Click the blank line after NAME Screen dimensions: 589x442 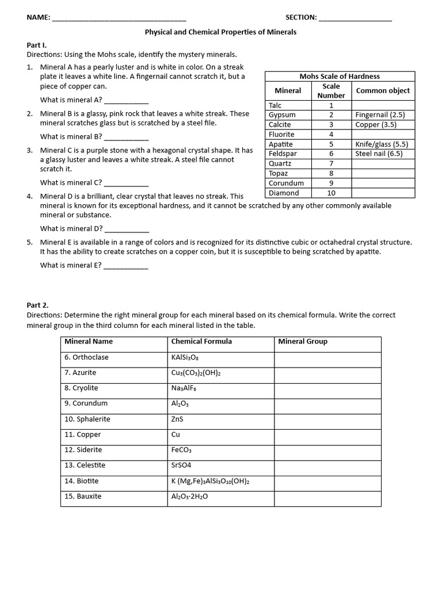(x=119, y=18)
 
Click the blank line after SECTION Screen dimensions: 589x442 (x=355, y=18)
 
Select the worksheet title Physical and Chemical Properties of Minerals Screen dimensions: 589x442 (x=220, y=32)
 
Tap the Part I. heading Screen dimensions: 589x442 (x=37, y=45)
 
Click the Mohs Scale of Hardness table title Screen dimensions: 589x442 (x=340, y=76)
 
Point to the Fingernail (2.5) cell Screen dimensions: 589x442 (x=380, y=115)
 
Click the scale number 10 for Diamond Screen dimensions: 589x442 (x=331, y=193)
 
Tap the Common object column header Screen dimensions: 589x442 (x=383, y=90)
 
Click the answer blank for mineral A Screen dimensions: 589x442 (x=126, y=100)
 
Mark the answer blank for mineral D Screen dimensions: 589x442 (x=126, y=229)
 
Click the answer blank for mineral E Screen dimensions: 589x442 (x=126, y=266)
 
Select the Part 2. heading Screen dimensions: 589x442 (x=38, y=305)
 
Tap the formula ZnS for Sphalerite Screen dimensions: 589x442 (x=177, y=419)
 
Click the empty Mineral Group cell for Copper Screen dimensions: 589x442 (x=327, y=435)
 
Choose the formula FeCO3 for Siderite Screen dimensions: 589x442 (x=181, y=450)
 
